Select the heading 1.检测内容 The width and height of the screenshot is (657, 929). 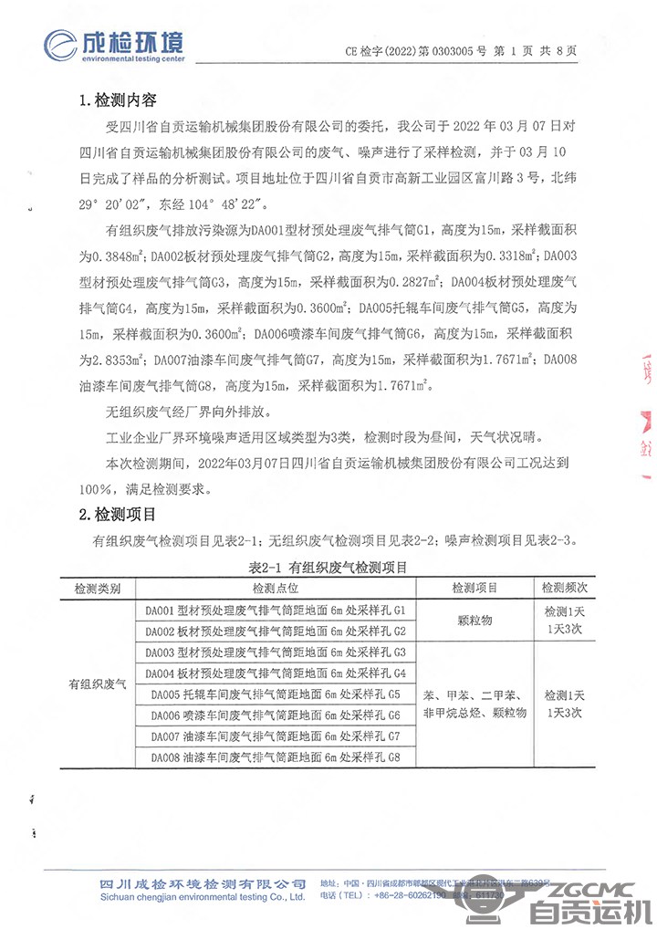pos(120,99)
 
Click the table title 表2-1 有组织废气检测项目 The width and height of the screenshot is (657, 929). pos(328,567)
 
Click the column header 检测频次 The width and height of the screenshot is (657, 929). pos(563,589)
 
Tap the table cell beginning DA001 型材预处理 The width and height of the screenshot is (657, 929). pos(275,610)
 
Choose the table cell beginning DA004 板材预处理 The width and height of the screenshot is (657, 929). pos(275,673)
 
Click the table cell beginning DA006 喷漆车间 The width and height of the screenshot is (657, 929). pos(275,715)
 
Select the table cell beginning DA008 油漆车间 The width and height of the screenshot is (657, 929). pos(275,757)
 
